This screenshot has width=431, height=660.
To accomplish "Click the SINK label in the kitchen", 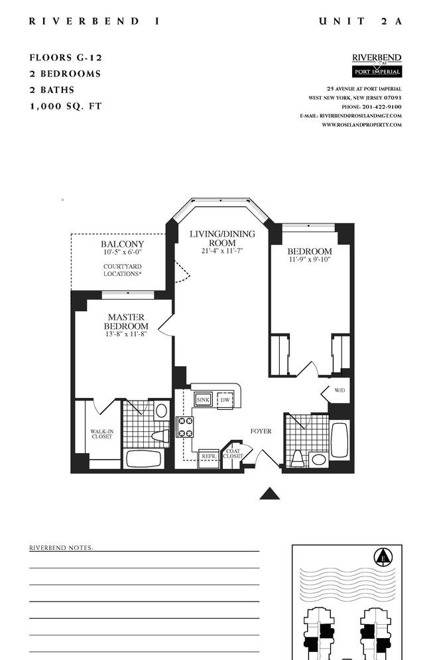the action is [x=204, y=400].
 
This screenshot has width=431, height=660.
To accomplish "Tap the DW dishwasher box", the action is [x=225, y=400].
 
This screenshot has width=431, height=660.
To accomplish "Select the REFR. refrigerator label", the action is [x=209, y=456].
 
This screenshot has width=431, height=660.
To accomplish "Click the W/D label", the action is [x=339, y=390].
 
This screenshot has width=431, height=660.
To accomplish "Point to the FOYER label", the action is [x=261, y=431].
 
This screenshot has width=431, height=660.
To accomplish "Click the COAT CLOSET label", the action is [x=233, y=454].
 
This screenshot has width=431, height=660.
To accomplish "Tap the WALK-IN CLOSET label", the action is [x=102, y=434].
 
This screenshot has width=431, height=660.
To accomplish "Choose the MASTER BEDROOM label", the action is [x=126, y=322].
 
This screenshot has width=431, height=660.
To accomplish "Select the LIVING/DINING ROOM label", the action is [x=222, y=238].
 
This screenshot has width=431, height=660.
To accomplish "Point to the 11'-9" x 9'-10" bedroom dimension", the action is [x=310, y=259].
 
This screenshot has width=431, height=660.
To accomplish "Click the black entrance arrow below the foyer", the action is [x=270, y=494].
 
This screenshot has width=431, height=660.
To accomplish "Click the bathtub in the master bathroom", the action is [x=144, y=459].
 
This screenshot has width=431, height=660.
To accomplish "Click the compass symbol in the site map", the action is [x=383, y=558].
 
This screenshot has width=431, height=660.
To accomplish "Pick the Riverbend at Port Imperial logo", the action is [x=377, y=65].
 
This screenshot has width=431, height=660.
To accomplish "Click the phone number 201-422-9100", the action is [x=382, y=107].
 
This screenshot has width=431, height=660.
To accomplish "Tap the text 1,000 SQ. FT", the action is [x=66, y=106].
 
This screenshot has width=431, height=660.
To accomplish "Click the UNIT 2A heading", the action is [x=361, y=21].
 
